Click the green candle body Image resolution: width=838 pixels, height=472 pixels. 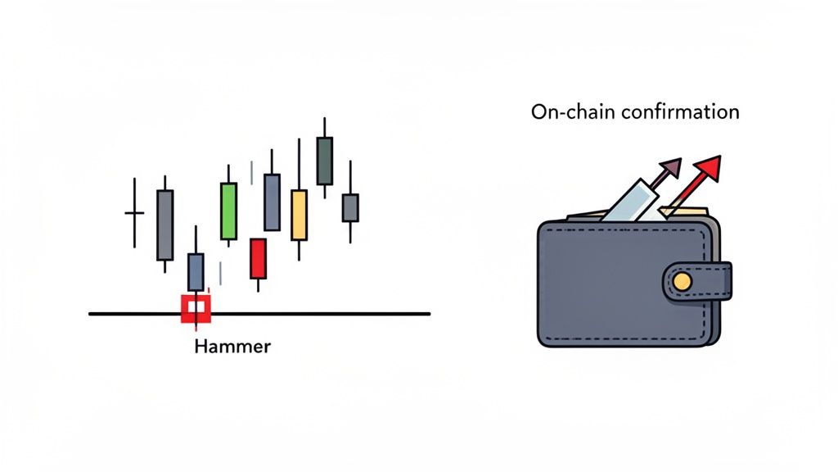tap(228, 211)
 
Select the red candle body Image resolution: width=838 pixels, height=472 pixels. tap(258, 258)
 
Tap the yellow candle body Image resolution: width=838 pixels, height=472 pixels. tap(300, 215)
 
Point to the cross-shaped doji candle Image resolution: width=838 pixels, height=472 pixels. tap(134, 213)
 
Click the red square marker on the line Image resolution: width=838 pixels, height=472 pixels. tap(196, 308)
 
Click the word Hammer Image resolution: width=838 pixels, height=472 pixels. tap(233, 347)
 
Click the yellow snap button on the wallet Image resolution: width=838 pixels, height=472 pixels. tap(681, 282)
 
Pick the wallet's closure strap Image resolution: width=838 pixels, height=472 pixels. tap(696, 281)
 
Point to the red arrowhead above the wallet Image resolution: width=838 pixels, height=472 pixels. tap(708, 168)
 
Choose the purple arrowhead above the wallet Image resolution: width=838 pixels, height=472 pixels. tap(670, 167)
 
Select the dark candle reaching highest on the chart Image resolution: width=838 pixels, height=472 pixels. tap(324, 161)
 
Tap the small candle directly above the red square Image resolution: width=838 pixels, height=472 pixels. tap(196, 271)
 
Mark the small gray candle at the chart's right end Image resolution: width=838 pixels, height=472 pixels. tap(350, 207)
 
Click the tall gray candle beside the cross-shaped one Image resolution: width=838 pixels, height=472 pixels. tap(164, 224)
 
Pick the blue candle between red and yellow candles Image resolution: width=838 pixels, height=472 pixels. tap(272, 202)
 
